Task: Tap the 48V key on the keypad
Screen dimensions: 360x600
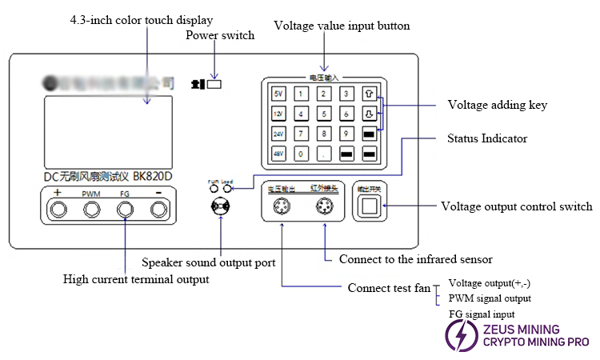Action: coord(278,152)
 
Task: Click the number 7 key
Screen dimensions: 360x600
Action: coord(301,133)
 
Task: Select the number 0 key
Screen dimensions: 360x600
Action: coord(301,152)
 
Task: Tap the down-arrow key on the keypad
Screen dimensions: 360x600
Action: coord(369,113)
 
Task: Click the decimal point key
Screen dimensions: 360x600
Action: coord(323,152)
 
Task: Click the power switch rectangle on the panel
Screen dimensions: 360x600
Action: coord(214,82)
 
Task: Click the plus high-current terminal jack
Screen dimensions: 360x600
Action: coord(58,210)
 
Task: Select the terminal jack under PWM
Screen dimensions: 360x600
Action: coord(91,210)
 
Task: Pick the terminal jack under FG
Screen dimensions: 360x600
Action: coord(126,210)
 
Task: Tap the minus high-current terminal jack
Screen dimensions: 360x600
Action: coord(159,210)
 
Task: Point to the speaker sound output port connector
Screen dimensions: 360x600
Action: coord(220,206)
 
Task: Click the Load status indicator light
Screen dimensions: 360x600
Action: coord(228,190)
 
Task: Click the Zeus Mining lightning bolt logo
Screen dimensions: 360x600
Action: coord(462,335)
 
